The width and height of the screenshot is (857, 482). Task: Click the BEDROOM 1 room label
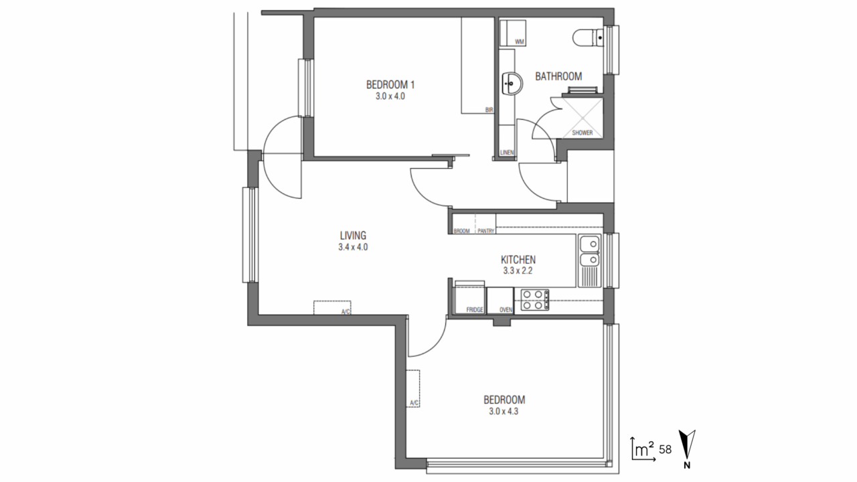pyautogui.click(x=390, y=84)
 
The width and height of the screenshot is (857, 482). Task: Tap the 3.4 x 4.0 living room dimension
pyautogui.click(x=353, y=248)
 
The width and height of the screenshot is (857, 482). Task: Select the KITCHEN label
pyautogui.click(x=518, y=260)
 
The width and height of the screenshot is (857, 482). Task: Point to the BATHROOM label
pyautogui.click(x=558, y=76)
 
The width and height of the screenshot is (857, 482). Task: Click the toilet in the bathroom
pyautogui.click(x=589, y=38)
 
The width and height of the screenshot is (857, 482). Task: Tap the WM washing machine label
pyautogui.click(x=519, y=42)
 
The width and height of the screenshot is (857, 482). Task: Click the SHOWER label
pyautogui.click(x=582, y=133)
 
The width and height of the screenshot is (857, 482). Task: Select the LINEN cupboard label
pyautogui.click(x=507, y=153)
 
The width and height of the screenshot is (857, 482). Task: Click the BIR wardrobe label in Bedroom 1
pyautogui.click(x=489, y=110)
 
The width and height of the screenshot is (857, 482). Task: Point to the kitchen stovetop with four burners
pyautogui.click(x=535, y=300)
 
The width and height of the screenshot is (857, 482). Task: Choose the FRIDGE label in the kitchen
pyautogui.click(x=475, y=310)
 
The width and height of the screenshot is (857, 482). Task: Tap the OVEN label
pyautogui.click(x=505, y=310)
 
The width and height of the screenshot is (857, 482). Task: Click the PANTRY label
pyautogui.click(x=486, y=231)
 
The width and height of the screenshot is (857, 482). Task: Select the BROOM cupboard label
pyautogui.click(x=461, y=231)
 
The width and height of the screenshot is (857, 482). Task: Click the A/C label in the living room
pyautogui.click(x=345, y=312)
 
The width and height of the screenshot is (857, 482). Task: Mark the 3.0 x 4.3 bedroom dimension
pyautogui.click(x=503, y=412)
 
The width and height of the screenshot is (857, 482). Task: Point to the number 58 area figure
pyautogui.click(x=666, y=449)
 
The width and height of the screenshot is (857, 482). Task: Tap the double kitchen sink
pyautogui.click(x=589, y=251)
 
